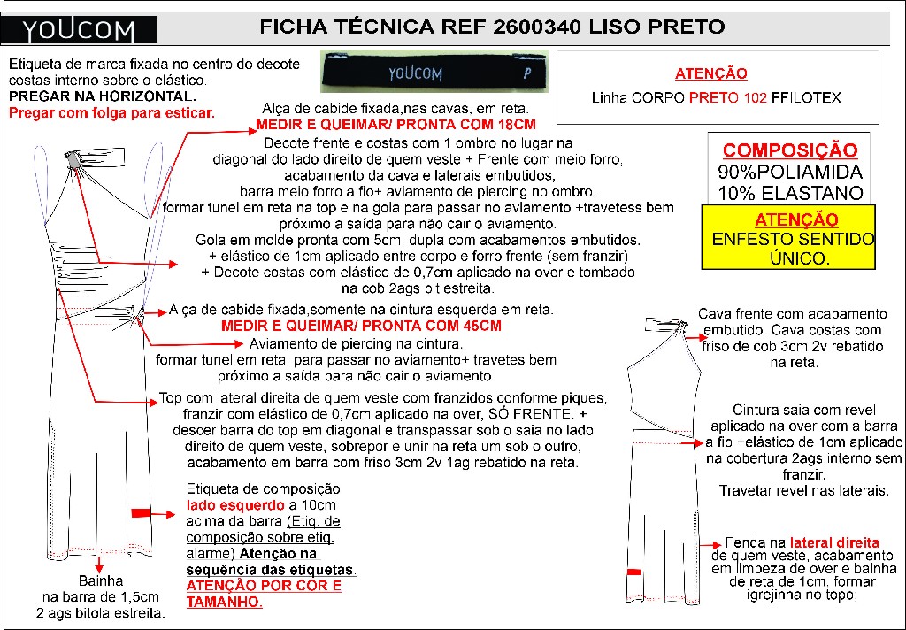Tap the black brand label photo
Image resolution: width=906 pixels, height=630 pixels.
(434, 72)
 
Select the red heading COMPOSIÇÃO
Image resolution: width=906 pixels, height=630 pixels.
(790, 150)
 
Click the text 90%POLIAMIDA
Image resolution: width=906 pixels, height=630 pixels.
(790, 172)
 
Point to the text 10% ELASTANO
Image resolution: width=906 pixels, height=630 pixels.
(790, 193)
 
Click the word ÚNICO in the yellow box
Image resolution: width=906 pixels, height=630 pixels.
(799, 257)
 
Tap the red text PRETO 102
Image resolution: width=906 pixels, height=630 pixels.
(728, 97)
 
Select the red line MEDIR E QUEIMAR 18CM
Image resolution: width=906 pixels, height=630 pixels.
(395, 124)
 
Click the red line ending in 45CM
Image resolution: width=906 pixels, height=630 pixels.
(361, 326)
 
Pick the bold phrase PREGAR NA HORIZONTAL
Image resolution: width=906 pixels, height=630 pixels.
(103, 96)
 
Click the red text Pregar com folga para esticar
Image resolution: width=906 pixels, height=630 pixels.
(111, 112)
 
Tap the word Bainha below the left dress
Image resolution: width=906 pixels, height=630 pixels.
(101, 580)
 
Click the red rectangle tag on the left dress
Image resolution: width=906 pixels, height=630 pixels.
(141, 512)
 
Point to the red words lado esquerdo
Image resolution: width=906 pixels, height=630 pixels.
(235, 505)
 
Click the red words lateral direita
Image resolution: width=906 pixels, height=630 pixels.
(834, 542)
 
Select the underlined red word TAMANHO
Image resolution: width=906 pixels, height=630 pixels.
(224, 602)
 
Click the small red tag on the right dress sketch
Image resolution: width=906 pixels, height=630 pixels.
(633, 572)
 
